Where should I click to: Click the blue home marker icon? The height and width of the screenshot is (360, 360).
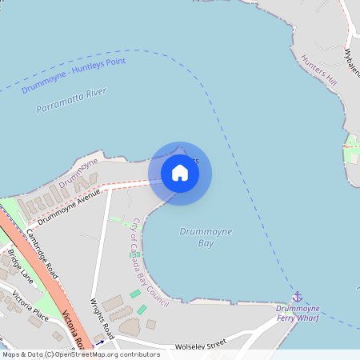[180, 173]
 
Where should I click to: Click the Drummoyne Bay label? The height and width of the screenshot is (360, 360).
[206, 237]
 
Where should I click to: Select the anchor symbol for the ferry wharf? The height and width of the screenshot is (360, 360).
[298, 297]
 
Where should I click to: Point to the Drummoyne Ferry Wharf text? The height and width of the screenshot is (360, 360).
[297, 313]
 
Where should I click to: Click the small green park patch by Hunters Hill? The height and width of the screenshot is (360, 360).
[350, 147]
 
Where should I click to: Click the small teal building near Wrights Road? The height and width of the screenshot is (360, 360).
[142, 310]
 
